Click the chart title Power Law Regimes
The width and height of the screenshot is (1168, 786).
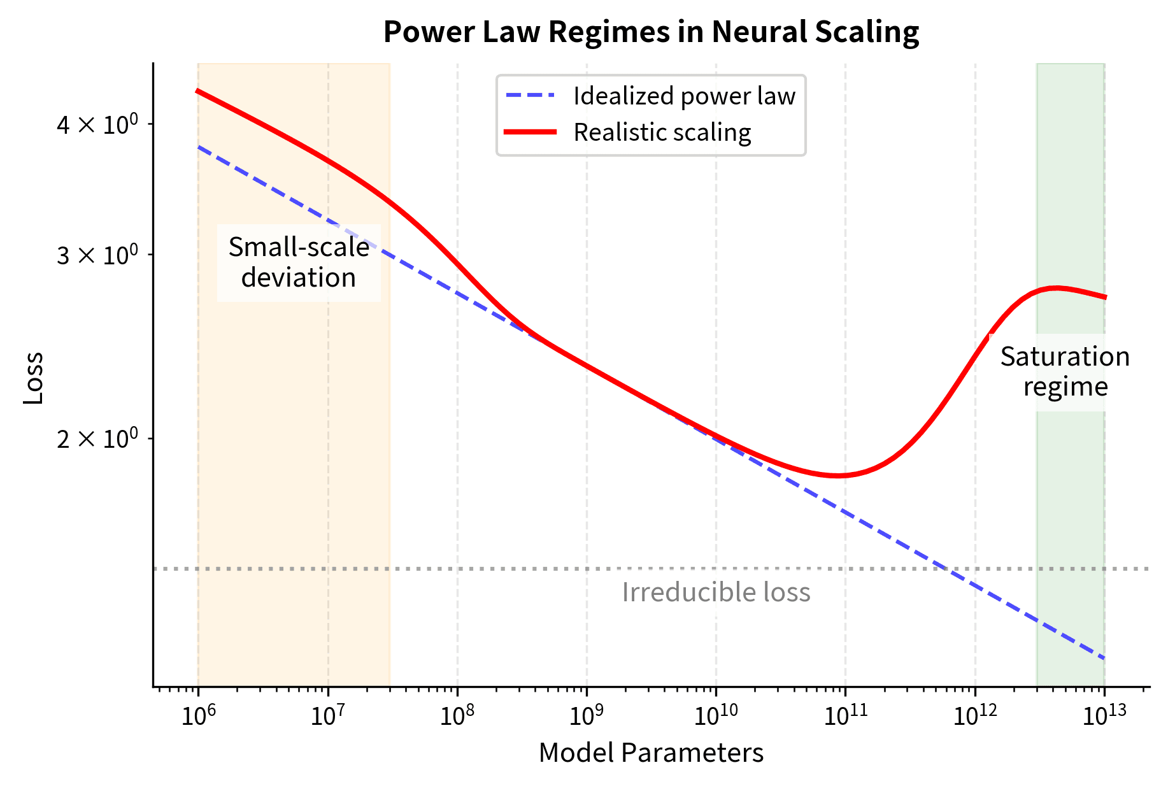(651, 32)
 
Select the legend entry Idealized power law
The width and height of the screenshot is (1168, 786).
(684, 96)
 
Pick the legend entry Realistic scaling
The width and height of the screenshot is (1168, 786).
(662, 132)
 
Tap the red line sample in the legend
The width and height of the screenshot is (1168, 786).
(530, 132)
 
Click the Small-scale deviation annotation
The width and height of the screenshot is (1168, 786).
(299, 262)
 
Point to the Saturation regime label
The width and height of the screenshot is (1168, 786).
(1065, 372)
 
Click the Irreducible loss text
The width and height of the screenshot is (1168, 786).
(716, 592)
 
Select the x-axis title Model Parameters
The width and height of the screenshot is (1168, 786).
(651, 753)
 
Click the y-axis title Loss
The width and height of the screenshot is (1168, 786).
(33, 377)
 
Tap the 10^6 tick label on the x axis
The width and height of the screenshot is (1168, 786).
(199, 715)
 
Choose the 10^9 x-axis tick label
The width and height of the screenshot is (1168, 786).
(587, 715)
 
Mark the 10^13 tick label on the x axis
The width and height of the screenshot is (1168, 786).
(1104, 715)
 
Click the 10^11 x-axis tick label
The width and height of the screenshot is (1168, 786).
(846, 715)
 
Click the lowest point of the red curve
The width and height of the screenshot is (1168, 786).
(839, 476)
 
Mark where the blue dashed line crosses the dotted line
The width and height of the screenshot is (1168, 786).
(945, 568)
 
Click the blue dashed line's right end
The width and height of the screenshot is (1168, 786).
(1104, 658)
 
